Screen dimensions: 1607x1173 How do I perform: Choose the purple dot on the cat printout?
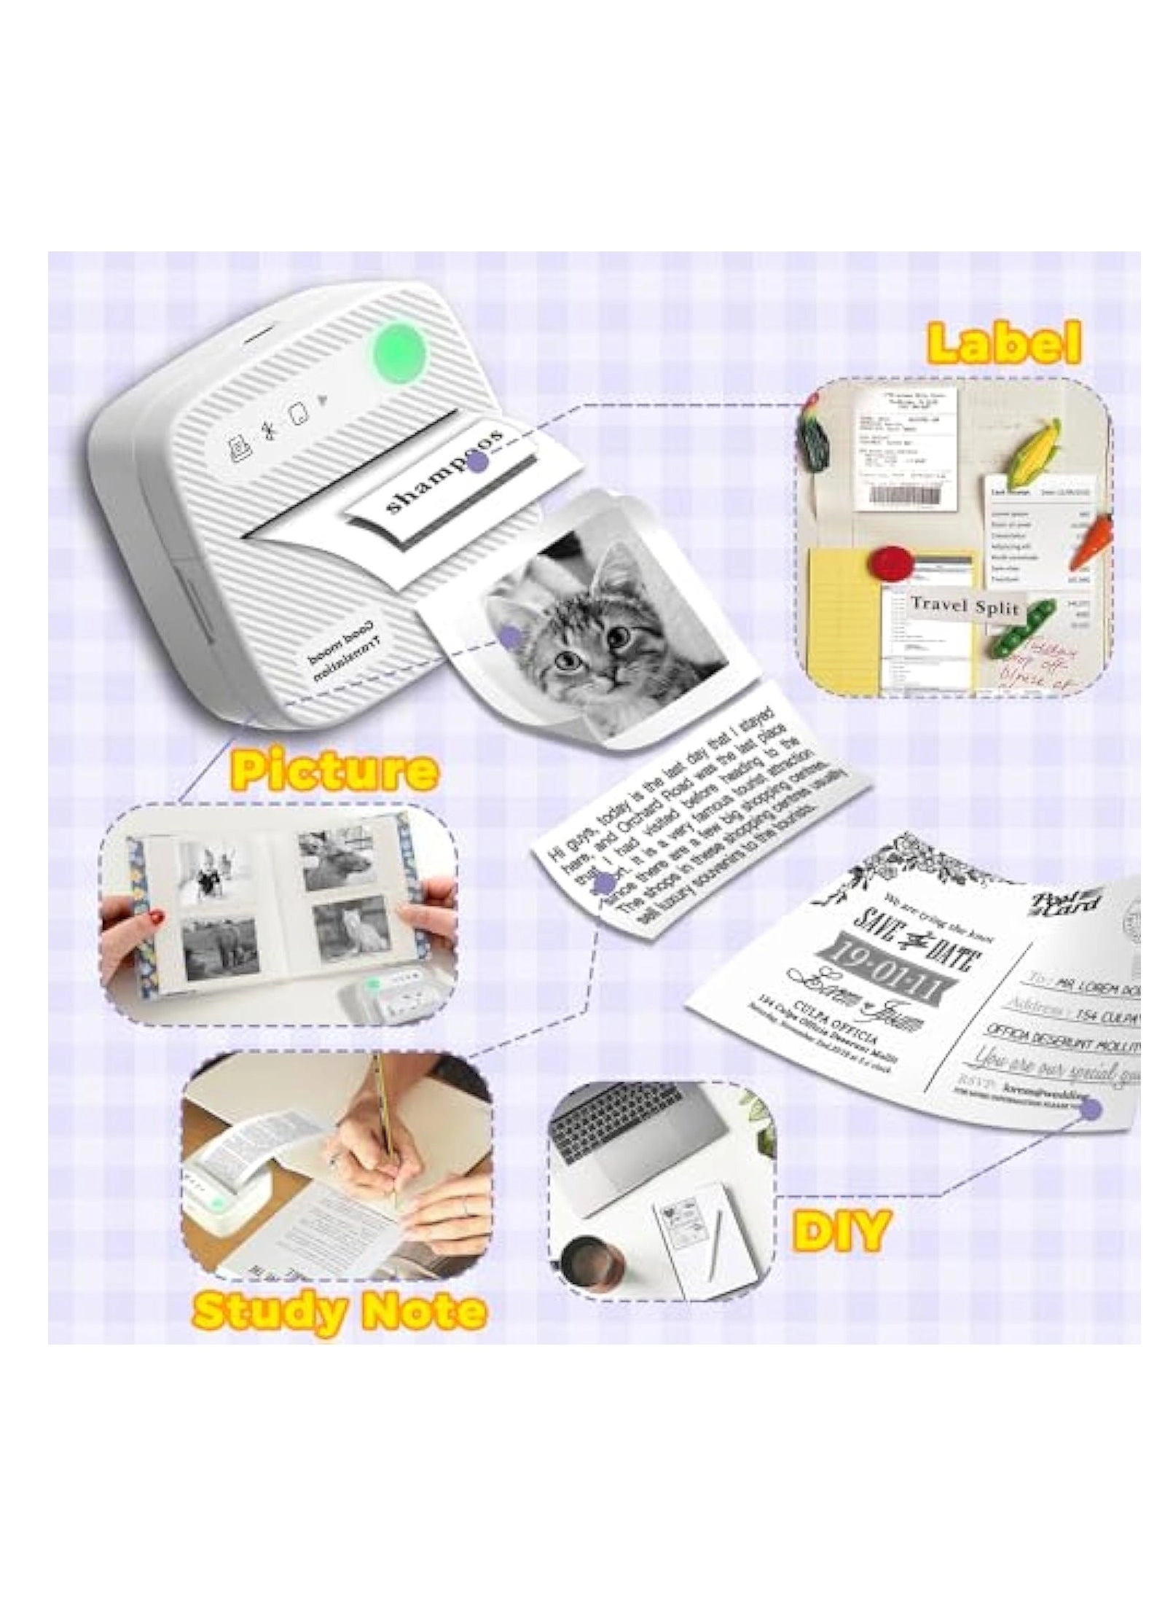click(x=512, y=636)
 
